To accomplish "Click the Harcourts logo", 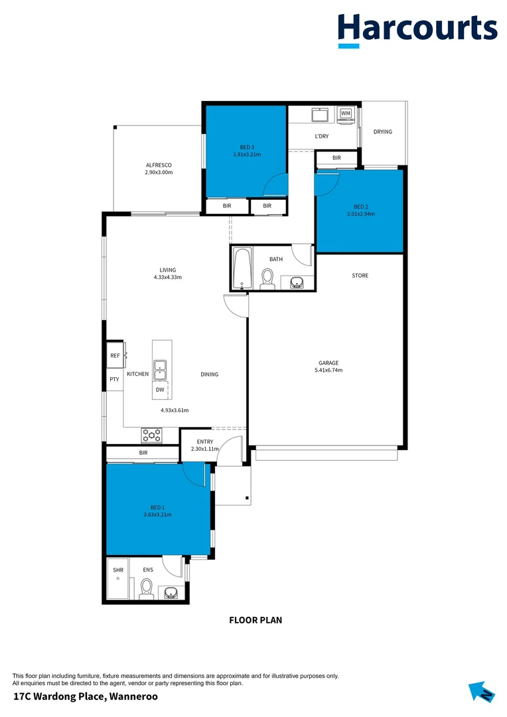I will tap(417, 29).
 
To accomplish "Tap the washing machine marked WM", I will tap(345, 114).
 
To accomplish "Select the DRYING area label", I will tap(383, 131).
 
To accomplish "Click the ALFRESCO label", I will tap(159, 165).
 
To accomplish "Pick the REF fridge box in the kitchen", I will tap(115, 356).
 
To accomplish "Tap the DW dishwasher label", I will tap(160, 390).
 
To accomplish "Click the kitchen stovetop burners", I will tap(152, 436).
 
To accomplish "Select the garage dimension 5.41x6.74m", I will tap(328, 370).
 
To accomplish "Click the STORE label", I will tap(360, 276).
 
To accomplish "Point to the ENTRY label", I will tap(205, 441).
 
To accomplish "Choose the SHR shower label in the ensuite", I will tap(118, 570).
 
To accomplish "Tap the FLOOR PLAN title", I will tap(255, 621).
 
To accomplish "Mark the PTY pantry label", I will tap(114, 379).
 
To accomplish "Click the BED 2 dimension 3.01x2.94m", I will tap(360, 214).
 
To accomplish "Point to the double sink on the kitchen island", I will tap(161, 369).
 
